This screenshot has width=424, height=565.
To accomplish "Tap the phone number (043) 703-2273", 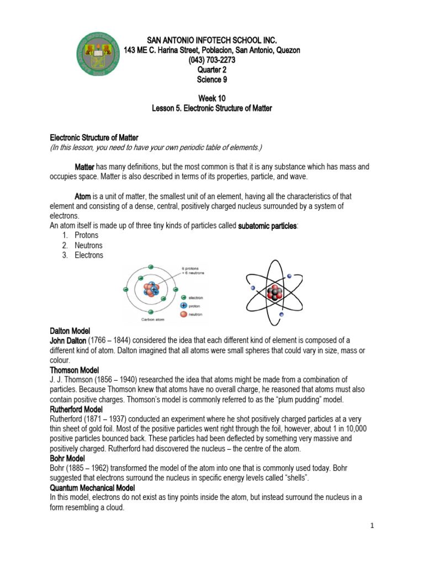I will coord(212,60).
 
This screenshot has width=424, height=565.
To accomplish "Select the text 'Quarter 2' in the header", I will coord(212,70).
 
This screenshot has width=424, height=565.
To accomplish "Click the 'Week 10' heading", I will coord(212,99).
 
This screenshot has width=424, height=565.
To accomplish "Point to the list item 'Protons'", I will coord(87,236).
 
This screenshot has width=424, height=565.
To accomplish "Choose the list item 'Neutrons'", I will coord(89,246).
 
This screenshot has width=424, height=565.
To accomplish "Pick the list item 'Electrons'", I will coord(89,255).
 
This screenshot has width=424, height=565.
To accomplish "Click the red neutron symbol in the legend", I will coord(183,315).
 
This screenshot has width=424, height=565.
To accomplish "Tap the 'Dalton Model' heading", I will coord(71,331).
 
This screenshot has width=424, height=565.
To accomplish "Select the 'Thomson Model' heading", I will coord(75,370).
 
